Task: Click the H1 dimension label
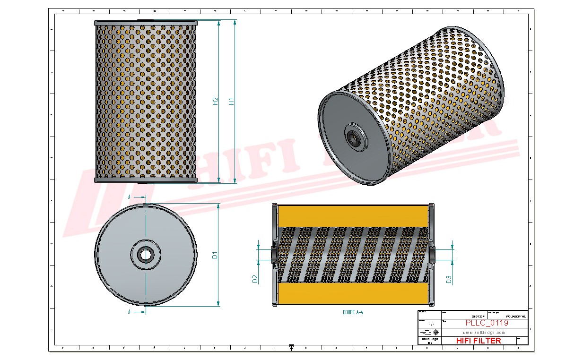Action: (232, 101)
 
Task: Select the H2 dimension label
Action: (216, 101)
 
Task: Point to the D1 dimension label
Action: (215, 255)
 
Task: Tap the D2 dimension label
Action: (255, 279)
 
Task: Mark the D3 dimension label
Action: (449, 279)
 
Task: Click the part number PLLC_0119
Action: (487, 323)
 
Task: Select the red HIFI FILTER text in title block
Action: (478, 341)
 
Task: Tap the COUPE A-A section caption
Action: (353, 312)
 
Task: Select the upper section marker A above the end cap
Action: (130, 196)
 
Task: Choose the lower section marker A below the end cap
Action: (130, 312)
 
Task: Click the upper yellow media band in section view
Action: (353, 216)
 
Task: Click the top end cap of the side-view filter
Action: (145, 23)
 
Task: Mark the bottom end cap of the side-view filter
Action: (145, 180)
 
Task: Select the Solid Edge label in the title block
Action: (429, 339)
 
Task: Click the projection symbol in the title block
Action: (429, 332)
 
